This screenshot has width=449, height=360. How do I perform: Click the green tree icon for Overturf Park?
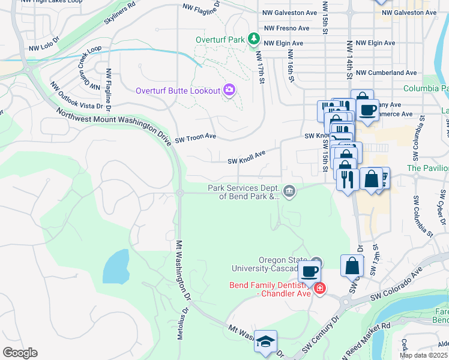(255, 40)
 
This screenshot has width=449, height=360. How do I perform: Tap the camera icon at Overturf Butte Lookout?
(229, 91)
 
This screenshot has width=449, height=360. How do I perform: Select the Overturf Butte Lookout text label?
(177, 91)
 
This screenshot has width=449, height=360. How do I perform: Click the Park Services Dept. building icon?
(289, 192)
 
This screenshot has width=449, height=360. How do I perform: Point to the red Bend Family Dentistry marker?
(320, 289)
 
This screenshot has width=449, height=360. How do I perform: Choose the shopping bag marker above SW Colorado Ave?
(352, 266)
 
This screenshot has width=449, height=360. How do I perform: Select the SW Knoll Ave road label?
(246, 158)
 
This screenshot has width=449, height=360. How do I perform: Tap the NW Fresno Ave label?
(286, 28)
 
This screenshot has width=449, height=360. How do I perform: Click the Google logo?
(20, 353)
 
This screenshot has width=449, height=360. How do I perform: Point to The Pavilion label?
(427, 168)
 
